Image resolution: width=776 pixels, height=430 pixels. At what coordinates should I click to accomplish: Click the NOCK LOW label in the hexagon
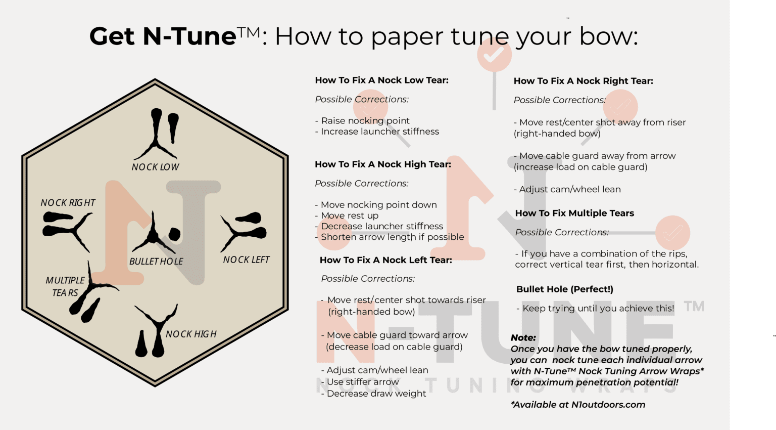155,167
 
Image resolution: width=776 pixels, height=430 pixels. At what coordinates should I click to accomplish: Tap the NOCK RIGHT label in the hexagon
68,203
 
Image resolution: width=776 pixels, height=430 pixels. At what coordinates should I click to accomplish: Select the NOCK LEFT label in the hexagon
247,260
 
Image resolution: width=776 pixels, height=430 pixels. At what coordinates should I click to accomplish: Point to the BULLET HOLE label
156,262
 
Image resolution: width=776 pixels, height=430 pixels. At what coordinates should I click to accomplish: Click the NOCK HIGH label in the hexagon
191,334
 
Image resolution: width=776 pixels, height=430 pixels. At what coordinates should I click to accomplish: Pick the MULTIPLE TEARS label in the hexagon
65,286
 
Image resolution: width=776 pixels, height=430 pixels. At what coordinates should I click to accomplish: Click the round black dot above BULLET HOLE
174,234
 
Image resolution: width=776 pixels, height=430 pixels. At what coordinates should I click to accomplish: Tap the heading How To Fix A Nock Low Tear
382,80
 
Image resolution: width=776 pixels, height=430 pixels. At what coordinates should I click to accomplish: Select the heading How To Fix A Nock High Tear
383,164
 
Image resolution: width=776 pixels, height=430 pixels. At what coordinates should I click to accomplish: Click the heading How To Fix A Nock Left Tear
386,260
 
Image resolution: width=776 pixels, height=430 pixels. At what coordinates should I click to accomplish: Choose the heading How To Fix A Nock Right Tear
584,81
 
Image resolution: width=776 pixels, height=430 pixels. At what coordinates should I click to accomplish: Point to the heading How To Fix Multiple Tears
574,213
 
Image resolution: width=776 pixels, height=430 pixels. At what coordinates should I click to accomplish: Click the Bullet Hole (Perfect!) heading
565,289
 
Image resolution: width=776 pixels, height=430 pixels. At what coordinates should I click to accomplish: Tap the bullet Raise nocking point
362,121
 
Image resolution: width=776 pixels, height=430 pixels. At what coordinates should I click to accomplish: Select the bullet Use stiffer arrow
360,382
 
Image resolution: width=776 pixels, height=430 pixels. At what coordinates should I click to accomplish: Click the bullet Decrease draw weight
373,394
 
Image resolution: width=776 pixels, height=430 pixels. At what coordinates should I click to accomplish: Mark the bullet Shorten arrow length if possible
390,237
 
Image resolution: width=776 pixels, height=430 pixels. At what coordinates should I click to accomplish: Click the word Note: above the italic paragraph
523,338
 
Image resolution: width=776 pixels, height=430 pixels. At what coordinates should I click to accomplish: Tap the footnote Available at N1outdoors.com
578,405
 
